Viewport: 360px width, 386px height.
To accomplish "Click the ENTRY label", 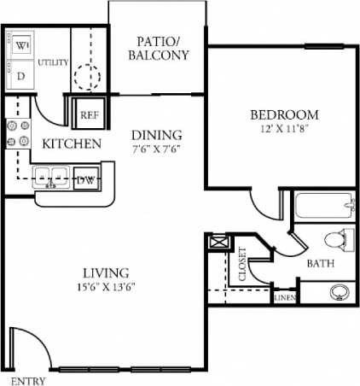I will pyautogui.click(x=25, y=380).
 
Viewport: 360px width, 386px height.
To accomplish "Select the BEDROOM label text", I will pyautogui.click(x=284, y=114).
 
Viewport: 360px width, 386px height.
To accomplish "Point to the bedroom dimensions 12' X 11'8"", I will pyautogui.click(x=284, y=129).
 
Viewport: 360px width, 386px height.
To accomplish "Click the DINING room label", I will pyautogui.click(x=156, y=134).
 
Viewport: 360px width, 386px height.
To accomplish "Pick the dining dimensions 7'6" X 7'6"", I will pyautogui.click(x=156, y=147).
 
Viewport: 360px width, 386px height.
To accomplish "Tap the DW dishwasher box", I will pyautogui.click(x=85, y=179).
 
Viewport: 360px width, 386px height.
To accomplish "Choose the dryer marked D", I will pyautogui.click(x=20, y=74).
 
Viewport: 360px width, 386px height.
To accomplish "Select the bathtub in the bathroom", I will pyautogui.click(x=323, y=207).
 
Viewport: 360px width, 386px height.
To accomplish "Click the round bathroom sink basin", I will pyautogui.click(x=339, y=292).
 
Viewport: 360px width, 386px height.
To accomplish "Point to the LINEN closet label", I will pyautogui.click(x=284, y=298).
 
